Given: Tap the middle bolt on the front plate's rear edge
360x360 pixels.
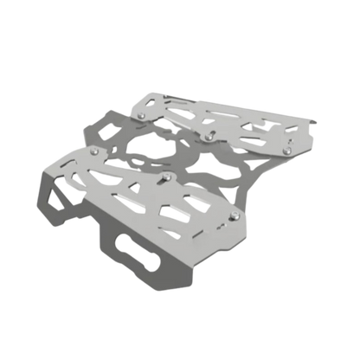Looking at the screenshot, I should [165, 179].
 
